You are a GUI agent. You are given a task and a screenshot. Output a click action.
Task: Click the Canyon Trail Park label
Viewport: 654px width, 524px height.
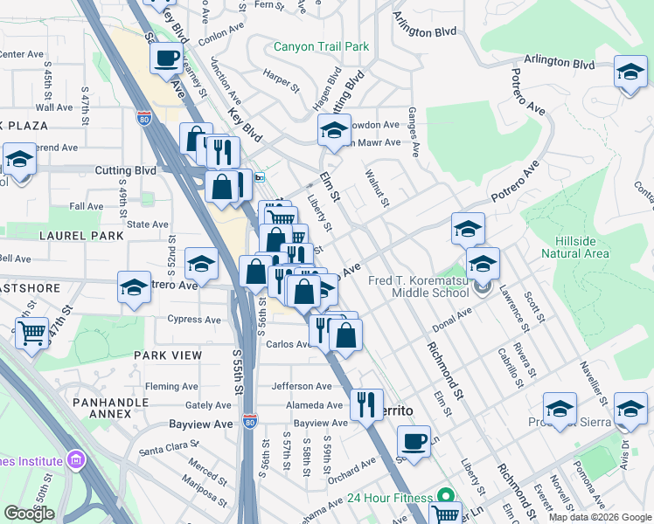click(321, 46)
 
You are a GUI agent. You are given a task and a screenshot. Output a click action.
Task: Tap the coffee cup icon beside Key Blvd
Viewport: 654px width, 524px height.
click(166, 59)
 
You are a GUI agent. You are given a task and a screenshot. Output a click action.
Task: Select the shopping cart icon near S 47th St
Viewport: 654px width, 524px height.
click(31, 332)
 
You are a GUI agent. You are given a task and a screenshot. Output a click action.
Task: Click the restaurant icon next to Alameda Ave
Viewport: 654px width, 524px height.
click(365, 403)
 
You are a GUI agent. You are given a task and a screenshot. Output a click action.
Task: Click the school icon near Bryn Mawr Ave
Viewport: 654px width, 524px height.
click(333, 131)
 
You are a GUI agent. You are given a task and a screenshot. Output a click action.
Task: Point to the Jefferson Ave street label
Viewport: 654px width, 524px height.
click(302, 386)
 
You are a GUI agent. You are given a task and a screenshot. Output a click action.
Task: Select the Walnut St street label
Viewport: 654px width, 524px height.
click(378, 190)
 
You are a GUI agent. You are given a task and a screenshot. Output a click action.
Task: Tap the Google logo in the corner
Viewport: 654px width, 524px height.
click(29, 514)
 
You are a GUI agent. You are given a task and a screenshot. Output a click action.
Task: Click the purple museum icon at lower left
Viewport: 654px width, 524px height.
click(76, 459)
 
